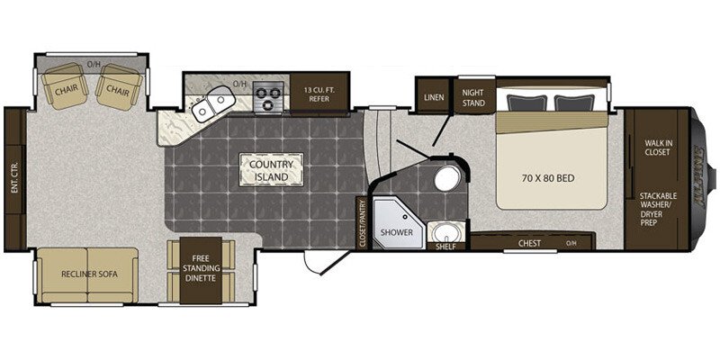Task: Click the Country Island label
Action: pyautogui.click(x=270, y=169)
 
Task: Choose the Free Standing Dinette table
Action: pyautogui.click(x=202, y=268)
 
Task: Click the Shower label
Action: pyautogui.click(x=395, y=230)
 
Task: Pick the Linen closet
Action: pyautogui.click(x=432, y=94)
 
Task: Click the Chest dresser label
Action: pyautogui.click(x=530, y=242)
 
